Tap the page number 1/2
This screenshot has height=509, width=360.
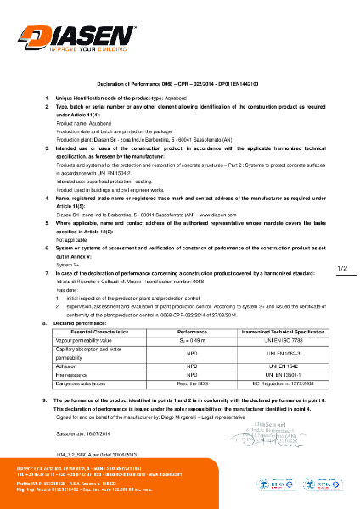[343, 245]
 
